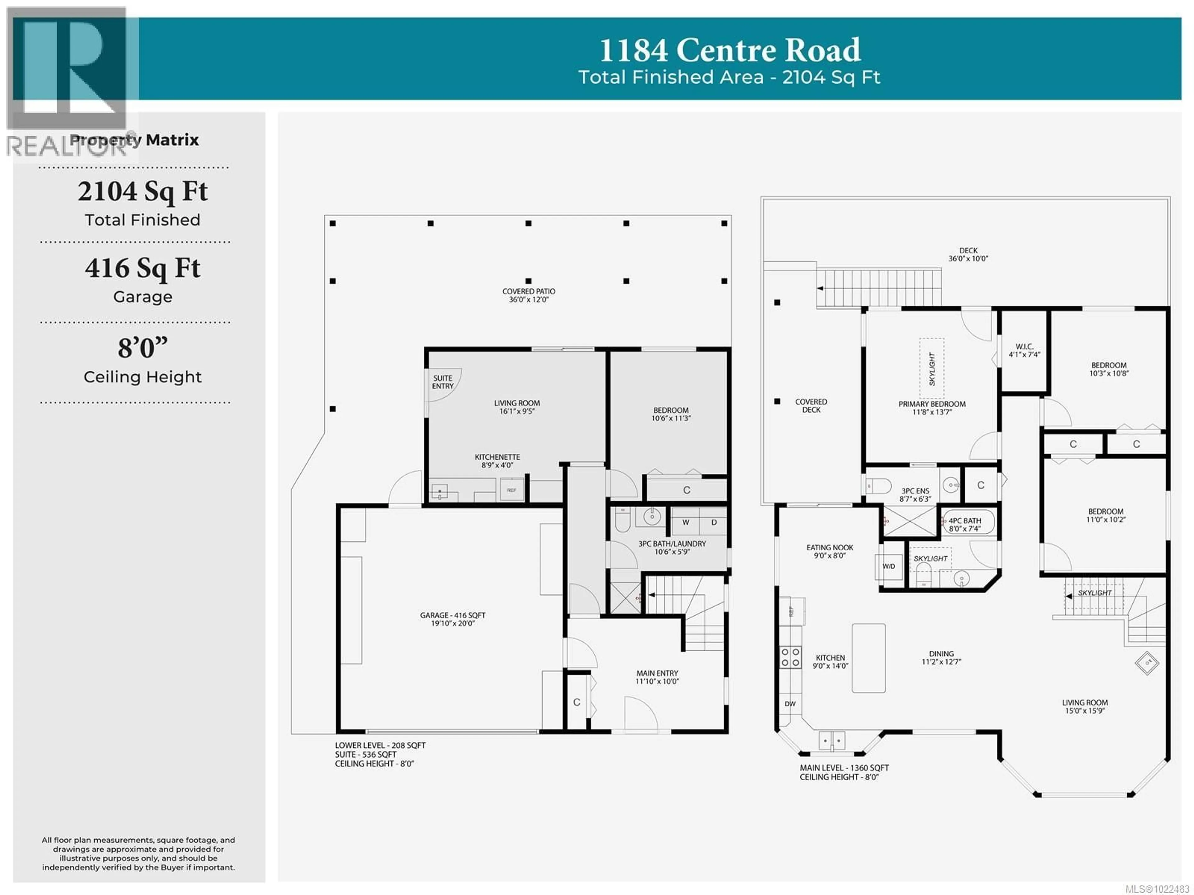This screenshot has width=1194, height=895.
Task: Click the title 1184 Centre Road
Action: click(x=730, y=50)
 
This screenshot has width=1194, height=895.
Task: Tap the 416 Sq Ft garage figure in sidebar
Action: click(x=142, y=268)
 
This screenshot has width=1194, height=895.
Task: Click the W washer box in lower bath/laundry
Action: click(x=686, y=522)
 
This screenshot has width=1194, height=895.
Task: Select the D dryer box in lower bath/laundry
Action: click(x=714, y=522)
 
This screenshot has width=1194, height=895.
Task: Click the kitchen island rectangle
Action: click(x=868, y=658)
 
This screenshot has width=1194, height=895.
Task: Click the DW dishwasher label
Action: click(x=790, y=703)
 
